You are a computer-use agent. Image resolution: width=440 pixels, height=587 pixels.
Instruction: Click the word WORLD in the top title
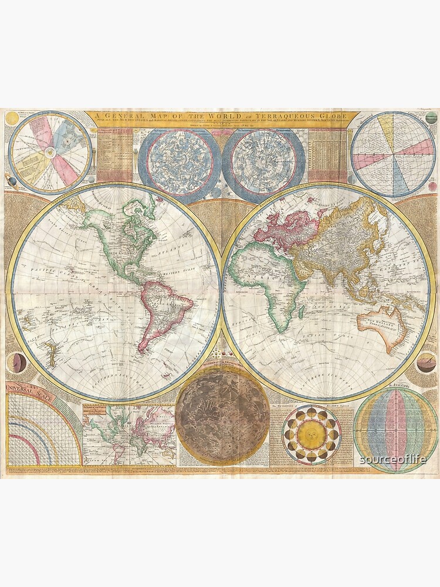[197, 115]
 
